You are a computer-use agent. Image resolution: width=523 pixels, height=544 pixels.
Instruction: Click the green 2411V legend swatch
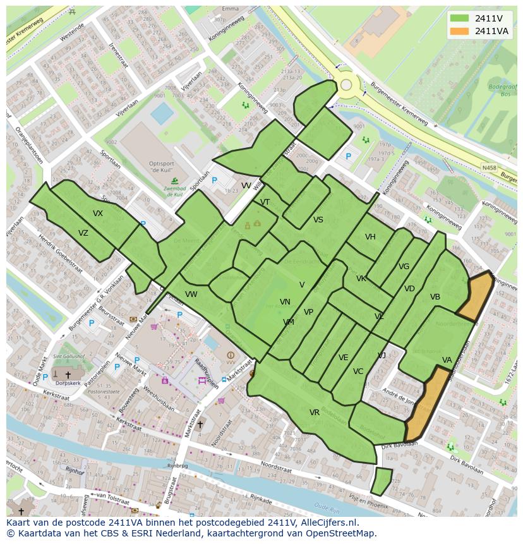[459, 19]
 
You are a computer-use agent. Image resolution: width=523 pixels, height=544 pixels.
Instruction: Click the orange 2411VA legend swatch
[459, 32]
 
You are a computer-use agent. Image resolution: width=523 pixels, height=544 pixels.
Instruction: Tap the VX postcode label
[98, 214]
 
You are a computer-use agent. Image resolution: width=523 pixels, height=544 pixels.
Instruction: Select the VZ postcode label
[83, 233]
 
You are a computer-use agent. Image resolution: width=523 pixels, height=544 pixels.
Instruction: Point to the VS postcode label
[318, 220]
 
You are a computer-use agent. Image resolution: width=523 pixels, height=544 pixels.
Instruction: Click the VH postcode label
[370, 237]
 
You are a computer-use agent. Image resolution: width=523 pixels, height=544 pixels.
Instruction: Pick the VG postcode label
[404, 267]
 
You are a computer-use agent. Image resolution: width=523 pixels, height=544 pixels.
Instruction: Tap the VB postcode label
[435, 297]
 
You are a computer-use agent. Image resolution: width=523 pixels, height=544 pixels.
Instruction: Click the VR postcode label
[315, 413]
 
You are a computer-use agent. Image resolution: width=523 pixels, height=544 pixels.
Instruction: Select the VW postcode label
[191, 294]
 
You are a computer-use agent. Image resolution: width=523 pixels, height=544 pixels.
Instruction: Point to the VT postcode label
[265, 202]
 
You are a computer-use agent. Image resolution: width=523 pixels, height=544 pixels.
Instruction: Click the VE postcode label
[344, 358]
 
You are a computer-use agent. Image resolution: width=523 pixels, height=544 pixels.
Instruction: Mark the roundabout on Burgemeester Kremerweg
[346, 85]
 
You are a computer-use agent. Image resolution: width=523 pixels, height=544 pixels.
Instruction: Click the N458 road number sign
[488, 168]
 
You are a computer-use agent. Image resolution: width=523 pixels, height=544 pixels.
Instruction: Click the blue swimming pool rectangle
[162, 114]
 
